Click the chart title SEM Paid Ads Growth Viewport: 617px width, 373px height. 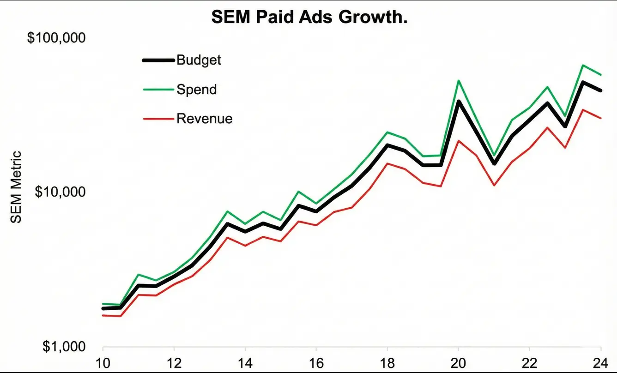[x=309, y=18]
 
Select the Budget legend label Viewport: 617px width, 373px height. [x=199, y=60]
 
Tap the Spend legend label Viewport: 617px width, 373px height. [x=196, y=89]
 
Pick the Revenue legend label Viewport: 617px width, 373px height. [x=204, y=119]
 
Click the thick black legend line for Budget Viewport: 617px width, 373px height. [x=158, y=60]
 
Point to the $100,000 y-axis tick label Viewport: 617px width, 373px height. [x=56, y=38]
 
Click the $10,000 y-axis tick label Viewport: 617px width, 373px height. [x=60, y=192]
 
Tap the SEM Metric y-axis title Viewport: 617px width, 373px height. [x=16, y=187]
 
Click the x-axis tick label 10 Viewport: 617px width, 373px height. [x=103, y=361]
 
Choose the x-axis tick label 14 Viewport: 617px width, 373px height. [x=245, y=361]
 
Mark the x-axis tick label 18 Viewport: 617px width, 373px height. [x=387, y=361]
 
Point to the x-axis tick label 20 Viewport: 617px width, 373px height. [x=458, y=361]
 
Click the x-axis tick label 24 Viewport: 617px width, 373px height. [x=600, y=361]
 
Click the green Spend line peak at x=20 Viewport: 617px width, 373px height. [x=458, y=80]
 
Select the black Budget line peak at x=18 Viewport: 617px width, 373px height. [x=387, y=145]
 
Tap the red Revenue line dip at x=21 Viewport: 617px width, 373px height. [x=494, y=186]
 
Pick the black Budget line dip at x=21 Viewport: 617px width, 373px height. [x=494, y=164]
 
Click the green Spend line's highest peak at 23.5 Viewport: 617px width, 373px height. [x=583, y=65]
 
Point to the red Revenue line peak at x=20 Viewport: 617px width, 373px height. [x=458, y=140]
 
